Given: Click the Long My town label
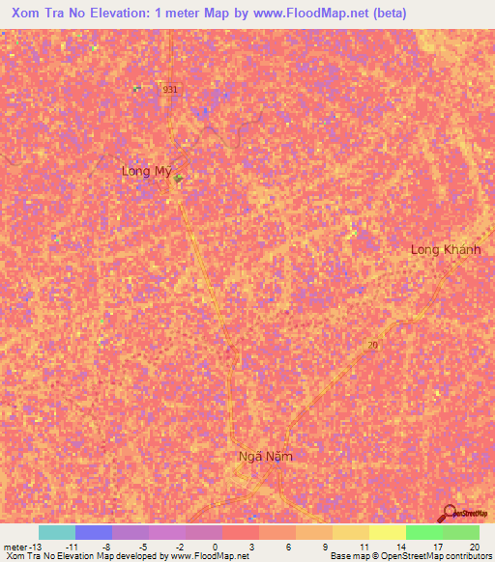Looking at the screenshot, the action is tap(146, 171).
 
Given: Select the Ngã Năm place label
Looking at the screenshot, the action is tap(265, 455).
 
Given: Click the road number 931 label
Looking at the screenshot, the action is tap(170, 89).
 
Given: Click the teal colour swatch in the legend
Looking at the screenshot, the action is tap(57, 532).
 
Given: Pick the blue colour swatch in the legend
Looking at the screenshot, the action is tap(94, 532).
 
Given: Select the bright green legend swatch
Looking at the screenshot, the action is tap(423, 532).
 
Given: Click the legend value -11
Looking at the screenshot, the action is tap(72, 546).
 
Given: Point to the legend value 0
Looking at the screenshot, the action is tap(214, 546).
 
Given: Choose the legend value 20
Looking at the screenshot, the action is tap(473, 546).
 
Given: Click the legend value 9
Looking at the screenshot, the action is tap(326, 546).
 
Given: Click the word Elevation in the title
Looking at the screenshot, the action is tap(110, 13).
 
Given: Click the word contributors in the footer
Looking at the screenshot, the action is tap(465, 556).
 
